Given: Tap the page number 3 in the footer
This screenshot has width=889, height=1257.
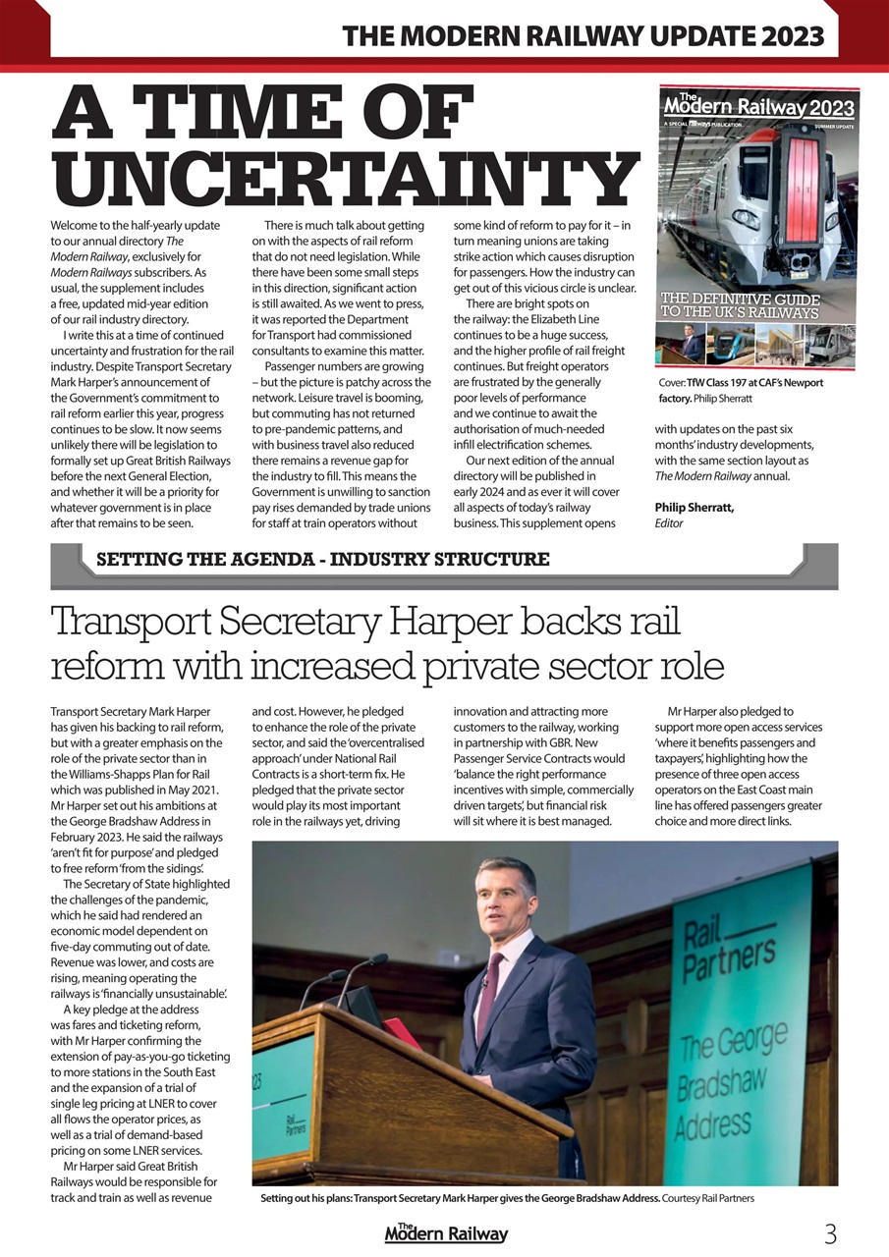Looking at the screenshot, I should (x=830, y=1233).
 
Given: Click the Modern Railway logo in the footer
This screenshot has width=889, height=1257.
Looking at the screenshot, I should (x=446, y=1232).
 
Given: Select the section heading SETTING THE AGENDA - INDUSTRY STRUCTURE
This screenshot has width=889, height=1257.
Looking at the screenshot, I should (x=322, y=560).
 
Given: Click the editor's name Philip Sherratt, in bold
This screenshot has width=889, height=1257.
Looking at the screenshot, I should (x=694, y=507).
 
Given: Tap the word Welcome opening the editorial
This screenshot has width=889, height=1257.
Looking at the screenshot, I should (x=77, y=225).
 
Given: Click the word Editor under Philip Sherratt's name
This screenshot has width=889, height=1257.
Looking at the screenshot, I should (x=669, y=523).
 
